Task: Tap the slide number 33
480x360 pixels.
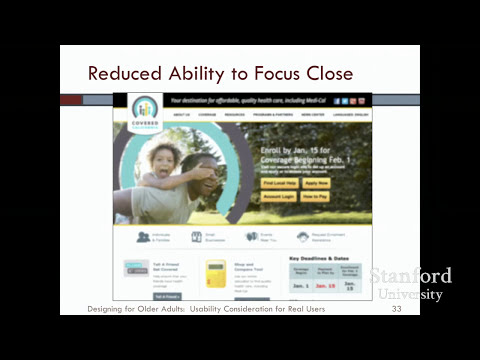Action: [x=396, y=310]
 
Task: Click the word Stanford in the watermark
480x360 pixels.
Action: [x=410, y=276]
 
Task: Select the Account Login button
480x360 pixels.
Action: [x=279, y=197]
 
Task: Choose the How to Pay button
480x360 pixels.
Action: [x=316, y=197]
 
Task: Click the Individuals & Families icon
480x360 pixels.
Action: [x=144, y=237]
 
